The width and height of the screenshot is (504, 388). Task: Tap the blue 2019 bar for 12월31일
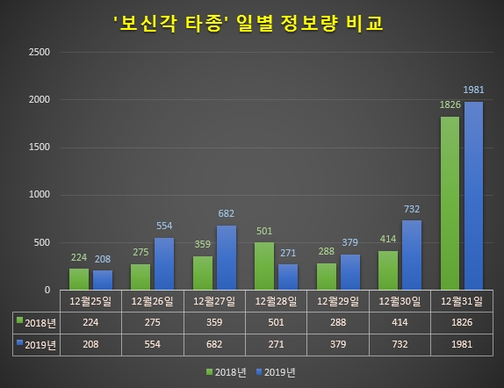[x=474, y=196]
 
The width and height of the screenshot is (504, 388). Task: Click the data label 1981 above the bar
[x=474, y=91]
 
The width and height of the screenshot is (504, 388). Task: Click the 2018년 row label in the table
[x=37, y=322]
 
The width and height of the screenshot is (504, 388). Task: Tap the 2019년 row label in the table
[x=37, y=344]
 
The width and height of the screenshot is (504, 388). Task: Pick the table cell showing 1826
[x=461, y=322]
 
